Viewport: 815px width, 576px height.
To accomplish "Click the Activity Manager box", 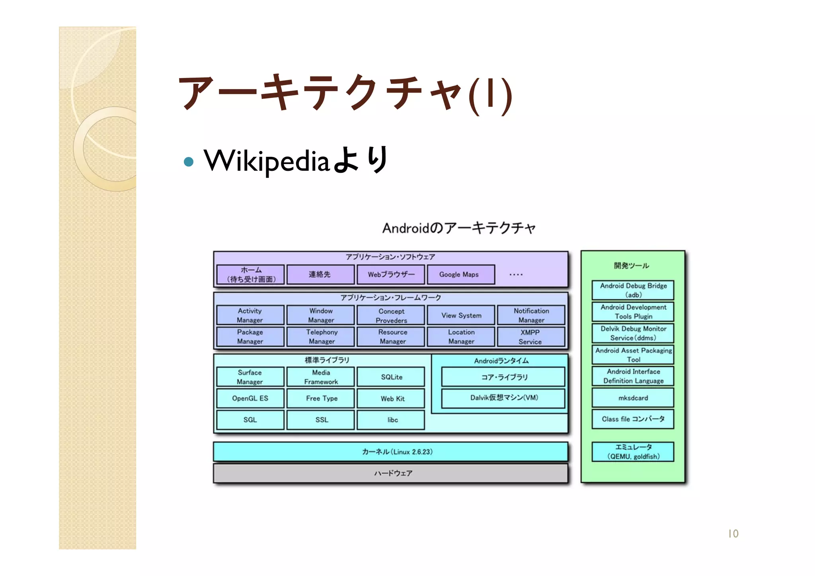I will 250,315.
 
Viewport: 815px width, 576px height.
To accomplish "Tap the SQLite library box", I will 391,377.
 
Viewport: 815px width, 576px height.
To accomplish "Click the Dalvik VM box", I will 503,398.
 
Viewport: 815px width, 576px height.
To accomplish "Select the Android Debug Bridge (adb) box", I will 633,290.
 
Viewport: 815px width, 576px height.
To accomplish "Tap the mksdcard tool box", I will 633,398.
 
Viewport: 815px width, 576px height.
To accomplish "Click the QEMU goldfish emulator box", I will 633,452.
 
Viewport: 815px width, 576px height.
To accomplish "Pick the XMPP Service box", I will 530,337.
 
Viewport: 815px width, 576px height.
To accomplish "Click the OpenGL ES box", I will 250,398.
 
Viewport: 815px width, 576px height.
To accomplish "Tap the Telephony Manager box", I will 321,337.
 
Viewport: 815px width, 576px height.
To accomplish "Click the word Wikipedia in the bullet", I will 267,161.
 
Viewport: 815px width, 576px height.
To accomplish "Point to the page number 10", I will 733,533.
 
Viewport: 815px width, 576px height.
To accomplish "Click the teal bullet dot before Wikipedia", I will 189,162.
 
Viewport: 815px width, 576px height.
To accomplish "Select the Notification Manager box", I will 530,315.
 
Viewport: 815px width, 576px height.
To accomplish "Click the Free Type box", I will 321,398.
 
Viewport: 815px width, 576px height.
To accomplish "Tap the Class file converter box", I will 633,419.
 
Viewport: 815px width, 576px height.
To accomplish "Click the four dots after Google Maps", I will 516,275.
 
